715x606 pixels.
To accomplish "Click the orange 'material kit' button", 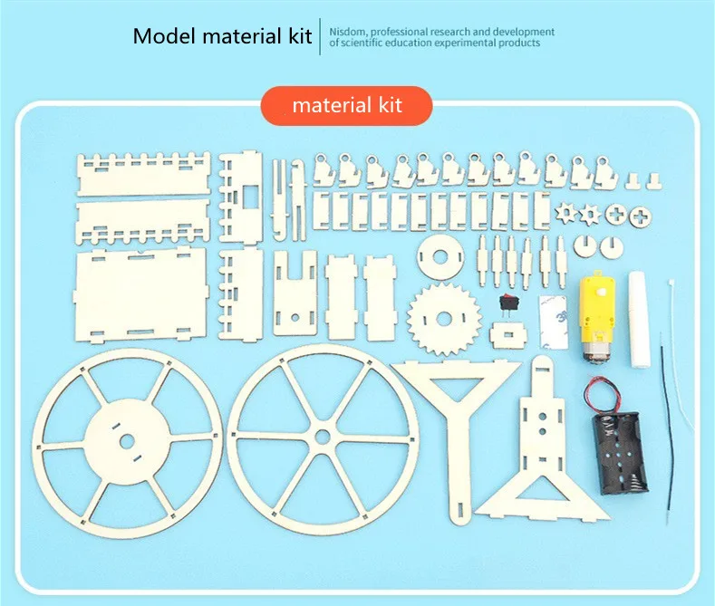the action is tap(347, 105).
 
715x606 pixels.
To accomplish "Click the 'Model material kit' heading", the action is tap(222, 36).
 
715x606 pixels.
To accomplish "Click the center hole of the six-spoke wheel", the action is tap(324, 437).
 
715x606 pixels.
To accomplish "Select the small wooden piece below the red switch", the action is tap(507, 334).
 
